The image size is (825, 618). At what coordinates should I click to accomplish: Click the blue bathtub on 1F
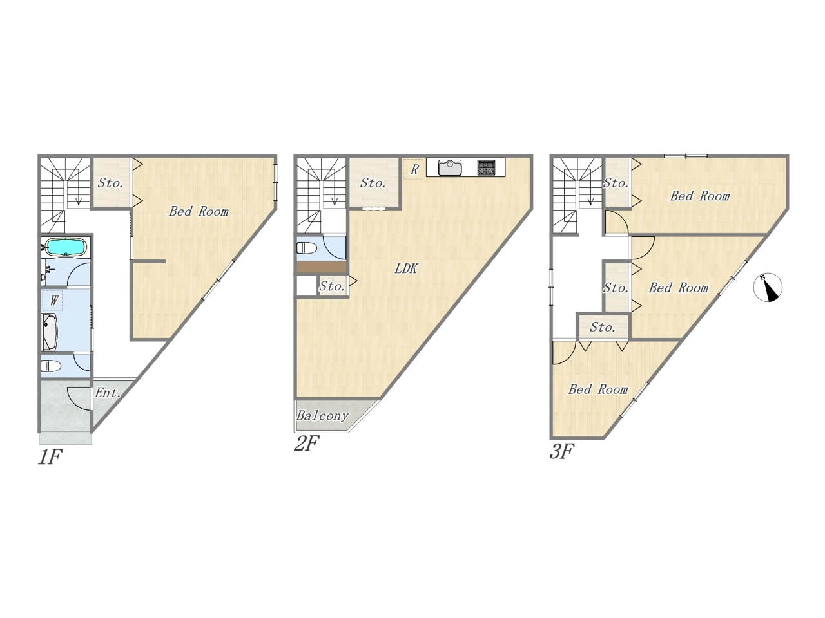tap(66, 247)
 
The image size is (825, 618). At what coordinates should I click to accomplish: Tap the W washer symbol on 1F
tap(53, 300)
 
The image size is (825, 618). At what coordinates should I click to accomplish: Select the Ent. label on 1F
tap(108, 393)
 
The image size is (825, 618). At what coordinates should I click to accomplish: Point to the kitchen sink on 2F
tap(449, 167)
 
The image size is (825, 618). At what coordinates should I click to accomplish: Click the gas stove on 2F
tap(487, 167)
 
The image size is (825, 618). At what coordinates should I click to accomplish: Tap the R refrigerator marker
tap(413, 169)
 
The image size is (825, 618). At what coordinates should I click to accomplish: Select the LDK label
tap(405, 268)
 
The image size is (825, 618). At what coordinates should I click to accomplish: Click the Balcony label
tap(322, 416)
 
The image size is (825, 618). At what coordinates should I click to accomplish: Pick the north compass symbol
tap(768, 287)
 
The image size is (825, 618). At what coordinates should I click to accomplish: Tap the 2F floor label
tap(306, 444)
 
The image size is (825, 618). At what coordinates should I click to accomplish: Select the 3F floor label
tap(561, 451)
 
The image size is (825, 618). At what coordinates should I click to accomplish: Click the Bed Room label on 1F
tap(199, 211)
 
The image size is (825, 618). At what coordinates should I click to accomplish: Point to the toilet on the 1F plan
tap(51, 366)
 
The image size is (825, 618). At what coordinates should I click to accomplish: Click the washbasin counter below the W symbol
tap(49, 332)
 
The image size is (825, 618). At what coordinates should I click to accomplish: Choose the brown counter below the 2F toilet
tap(322, 267)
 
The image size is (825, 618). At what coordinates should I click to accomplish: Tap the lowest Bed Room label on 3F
tap(597, 389)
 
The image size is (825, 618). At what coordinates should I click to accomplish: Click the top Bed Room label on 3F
tap(699, 196)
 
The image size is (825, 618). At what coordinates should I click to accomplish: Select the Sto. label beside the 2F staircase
tap(373, 183)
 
